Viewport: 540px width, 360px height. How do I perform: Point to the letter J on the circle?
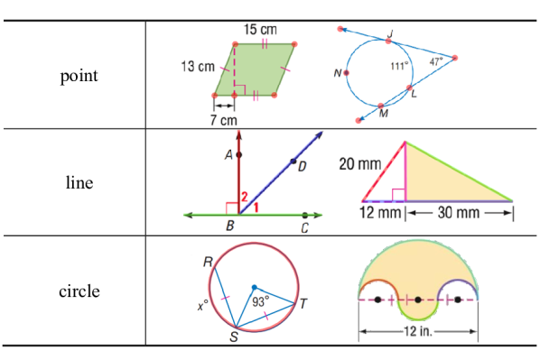tap(391, 34)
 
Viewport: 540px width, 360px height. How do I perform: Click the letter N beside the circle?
tap(337, 74)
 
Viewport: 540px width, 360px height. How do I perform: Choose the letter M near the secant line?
tap(383, 115)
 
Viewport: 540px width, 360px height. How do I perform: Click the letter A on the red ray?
tap(229, 155)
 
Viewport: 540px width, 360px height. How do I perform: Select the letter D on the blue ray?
tap(302, 165)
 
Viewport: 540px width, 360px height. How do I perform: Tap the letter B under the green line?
tap(231, 226)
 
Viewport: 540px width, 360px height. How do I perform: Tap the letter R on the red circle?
tap(208, 263)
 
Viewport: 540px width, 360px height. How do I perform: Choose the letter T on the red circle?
tap(302, 304)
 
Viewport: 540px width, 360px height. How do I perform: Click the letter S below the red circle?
tap(234, 337)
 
